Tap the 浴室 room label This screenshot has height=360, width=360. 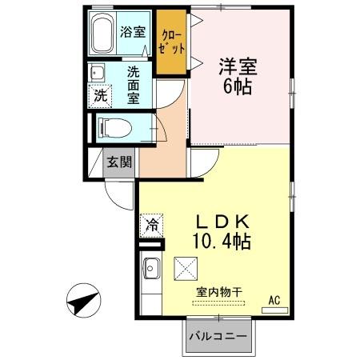[x=133, y=33]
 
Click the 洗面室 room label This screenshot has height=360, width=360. [x=134, y=84]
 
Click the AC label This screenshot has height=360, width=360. [x=274, y=300]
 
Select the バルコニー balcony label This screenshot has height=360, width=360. [x=218, y=336]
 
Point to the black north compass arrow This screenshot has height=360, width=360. [x=82, y=302]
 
